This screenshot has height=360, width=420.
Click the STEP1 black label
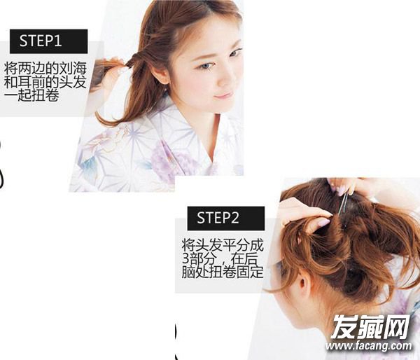pos(49,41)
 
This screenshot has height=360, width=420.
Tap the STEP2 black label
pos(226,219)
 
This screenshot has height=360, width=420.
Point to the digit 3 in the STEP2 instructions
pos(185,258)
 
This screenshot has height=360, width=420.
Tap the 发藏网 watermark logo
pos(370,327)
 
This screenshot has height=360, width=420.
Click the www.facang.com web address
pos(369,345)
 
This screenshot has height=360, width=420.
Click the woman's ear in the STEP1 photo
pos(160,74)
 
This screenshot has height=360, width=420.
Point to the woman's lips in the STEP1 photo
pos(223,95)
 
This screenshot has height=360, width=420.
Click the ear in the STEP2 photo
pos(303,285)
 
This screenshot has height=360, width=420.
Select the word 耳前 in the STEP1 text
pos(31,82)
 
